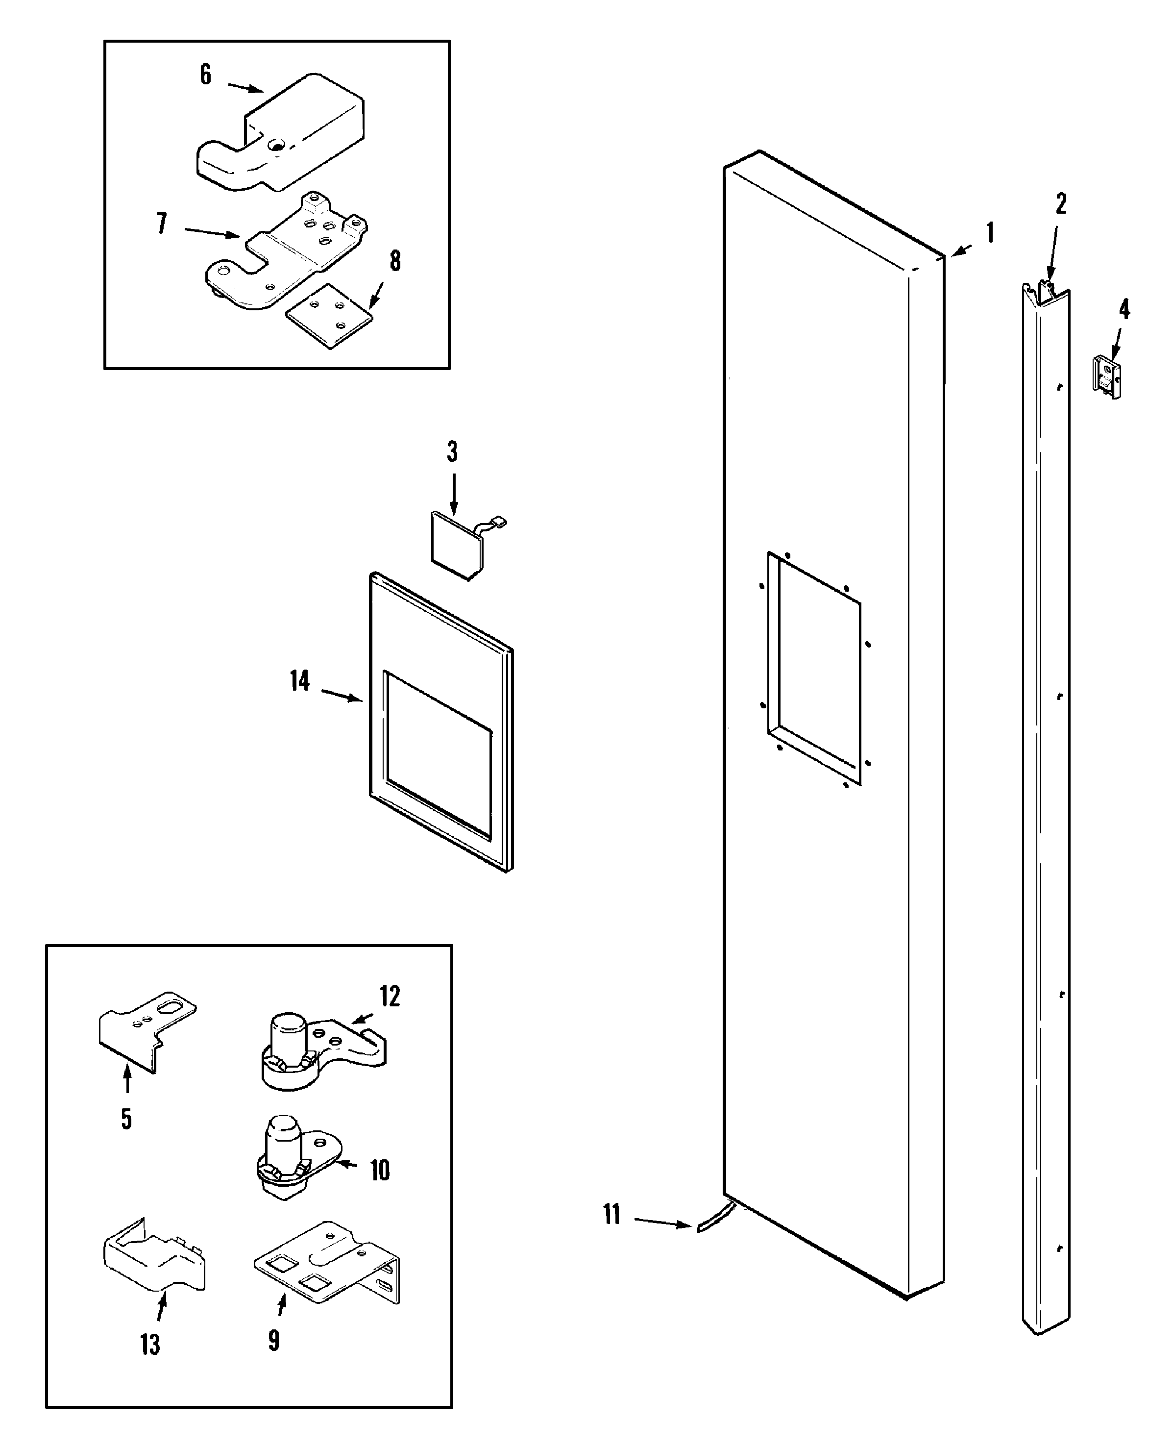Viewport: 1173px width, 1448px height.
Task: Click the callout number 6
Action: click(205, 75)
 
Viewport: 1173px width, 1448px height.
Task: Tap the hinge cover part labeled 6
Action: click(291, 135)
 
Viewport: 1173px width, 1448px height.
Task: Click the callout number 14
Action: click(299, 681)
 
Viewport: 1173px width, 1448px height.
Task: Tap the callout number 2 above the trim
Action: click(1061, 203)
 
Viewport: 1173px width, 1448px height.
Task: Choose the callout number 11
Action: click(611, 1214)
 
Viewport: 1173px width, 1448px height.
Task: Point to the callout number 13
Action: click(150, 1345)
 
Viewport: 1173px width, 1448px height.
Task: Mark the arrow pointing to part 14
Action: click(342, 696)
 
